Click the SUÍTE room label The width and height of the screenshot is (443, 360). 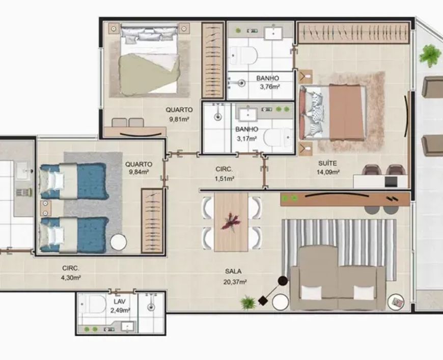[327, 163]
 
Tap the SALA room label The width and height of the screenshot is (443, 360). [233, 271]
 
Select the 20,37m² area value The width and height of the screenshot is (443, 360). [235, 282]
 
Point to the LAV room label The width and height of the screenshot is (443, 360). [120, 301]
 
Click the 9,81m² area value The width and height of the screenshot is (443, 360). [179, 119]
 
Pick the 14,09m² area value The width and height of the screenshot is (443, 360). [328, 172]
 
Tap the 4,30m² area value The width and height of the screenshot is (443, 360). [71, 278]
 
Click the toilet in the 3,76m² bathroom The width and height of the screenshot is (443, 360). [244, 56]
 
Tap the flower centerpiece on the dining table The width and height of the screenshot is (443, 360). [231, 221]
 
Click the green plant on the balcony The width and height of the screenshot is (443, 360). [430, 56]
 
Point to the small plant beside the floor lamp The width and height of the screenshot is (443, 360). [248, 302]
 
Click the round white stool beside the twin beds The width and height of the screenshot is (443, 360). [118, 242]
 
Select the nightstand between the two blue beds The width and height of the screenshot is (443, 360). [45, 208]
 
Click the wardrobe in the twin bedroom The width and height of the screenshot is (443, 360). [152, 221]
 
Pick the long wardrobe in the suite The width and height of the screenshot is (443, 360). [353, 33]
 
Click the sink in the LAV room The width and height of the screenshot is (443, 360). [128, 327]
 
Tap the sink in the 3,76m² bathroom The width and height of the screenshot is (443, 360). [273, 33]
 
